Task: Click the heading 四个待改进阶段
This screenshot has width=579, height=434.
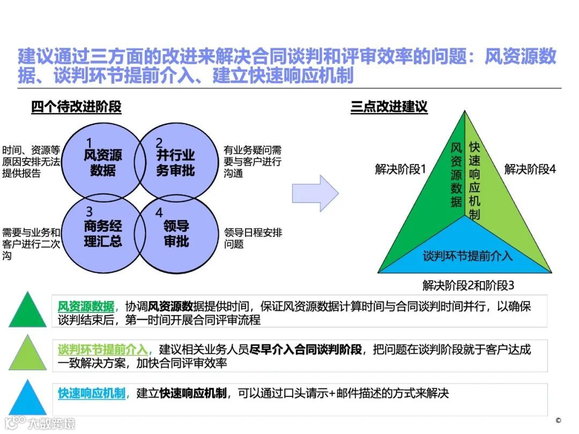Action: tap(76, 107)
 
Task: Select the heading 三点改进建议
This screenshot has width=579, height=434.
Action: tap(389, 107)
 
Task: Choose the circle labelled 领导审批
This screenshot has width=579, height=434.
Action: tap(177, 233)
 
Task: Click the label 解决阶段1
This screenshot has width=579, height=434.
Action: tap(400, 170)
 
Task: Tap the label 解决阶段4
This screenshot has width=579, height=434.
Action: tap(530, 170)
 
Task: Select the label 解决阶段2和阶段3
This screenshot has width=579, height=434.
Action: tap(469, 285)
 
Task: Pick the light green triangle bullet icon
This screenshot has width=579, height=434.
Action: tap(27, 356)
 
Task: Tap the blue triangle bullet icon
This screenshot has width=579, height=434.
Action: tap(27, 400)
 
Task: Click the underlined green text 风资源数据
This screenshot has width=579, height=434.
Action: tap(86, 307)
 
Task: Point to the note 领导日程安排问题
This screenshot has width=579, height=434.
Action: tap(253, 238)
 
